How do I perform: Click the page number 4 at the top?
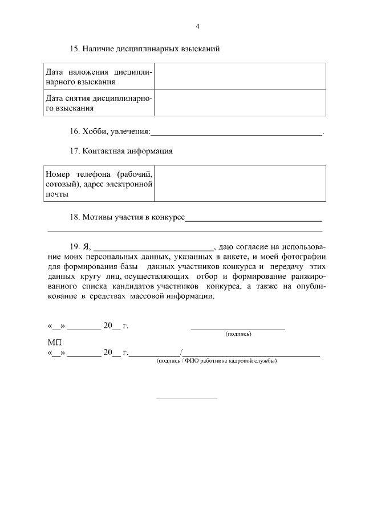point(197,26)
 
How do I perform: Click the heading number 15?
point(75,49)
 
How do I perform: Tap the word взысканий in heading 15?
point(201,49)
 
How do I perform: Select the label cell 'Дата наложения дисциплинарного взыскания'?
point(99,76)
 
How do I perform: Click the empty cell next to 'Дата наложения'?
point(240,76)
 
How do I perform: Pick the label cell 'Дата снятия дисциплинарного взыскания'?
point(99,103)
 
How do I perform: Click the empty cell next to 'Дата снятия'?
point(240,103)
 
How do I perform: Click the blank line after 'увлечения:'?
point(236,133)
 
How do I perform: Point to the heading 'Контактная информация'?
point(127,151)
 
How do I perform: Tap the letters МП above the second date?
point(54,343)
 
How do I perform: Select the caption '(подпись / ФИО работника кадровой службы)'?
point(217,361)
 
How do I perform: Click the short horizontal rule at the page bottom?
point(186,398)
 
